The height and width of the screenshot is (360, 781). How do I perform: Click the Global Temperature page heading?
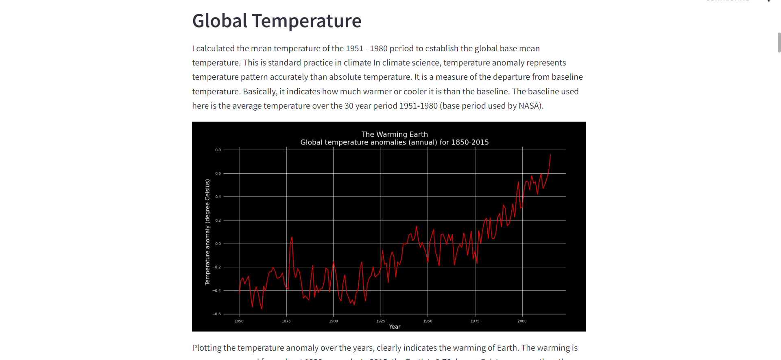[277, 21]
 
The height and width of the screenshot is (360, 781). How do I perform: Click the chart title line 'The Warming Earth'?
[394, 134]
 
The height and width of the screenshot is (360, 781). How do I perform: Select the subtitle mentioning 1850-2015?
[394, 142]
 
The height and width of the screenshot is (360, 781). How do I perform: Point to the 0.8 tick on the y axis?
[218, 150]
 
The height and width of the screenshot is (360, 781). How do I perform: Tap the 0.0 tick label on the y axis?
[218, 244]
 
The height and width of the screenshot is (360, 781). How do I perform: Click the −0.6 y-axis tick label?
[217, 314]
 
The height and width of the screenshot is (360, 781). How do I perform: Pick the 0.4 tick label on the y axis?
[218, 197]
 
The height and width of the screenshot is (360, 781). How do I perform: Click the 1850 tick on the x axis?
[239, 321]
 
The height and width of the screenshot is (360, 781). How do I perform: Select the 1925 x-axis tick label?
[380, 321]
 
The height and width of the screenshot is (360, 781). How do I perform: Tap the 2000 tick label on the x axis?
[522, 321]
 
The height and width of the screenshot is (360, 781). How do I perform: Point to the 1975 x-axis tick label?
[475, 321]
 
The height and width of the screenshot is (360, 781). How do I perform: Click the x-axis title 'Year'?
[395, 327]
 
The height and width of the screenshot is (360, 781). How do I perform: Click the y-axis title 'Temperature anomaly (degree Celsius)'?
[207, 232]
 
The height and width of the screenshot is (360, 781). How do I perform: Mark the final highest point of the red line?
[550, 155]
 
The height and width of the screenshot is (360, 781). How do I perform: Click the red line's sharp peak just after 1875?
[292, 237]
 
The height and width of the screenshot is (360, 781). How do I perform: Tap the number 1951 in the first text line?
[354, 48]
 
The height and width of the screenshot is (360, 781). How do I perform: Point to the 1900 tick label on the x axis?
[333, 321]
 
